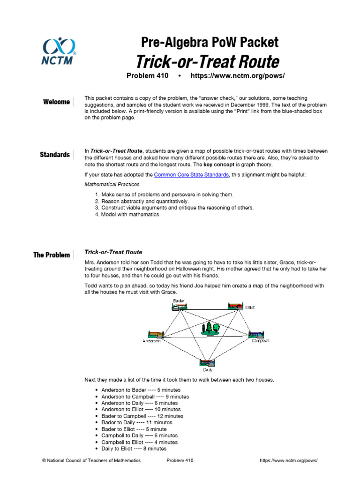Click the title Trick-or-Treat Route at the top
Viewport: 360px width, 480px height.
[207, 61]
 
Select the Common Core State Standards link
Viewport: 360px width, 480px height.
[191, 175]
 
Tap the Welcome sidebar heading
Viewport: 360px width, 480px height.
[56, 102]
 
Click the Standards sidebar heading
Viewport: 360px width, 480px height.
[55, 155]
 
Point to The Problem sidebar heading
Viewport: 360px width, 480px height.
[52, 255]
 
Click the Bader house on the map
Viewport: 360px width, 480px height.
[180, 306]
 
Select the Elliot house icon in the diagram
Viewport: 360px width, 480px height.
[235, 306]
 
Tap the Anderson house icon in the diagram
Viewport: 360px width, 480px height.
[156, 335]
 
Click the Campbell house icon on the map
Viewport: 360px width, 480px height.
[256, 335]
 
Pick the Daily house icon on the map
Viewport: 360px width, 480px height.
[207, 362]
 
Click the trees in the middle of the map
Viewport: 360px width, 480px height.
[210, 328]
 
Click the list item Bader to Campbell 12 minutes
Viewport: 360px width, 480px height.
[142, 416]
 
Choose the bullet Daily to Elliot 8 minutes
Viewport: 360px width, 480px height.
[134, 449]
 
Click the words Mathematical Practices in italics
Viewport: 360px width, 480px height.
[112, 184]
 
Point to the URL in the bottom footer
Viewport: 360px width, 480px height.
[288, 461]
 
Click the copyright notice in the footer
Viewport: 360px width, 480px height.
[91, 461]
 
